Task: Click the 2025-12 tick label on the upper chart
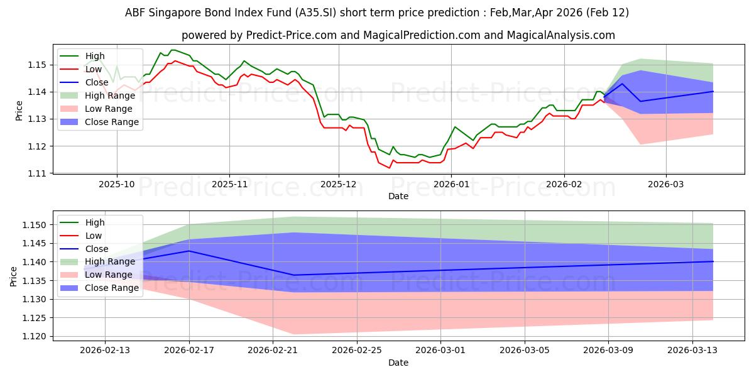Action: pos(339,185)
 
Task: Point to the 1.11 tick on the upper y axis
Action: pos(37,173)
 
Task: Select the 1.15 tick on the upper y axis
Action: pos(37,65)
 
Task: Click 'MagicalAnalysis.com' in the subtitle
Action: pos(553,35)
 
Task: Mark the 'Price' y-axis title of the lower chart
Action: pos(14,276)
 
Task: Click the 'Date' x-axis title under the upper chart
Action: pos(398,196)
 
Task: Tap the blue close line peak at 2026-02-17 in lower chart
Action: pos(190,251)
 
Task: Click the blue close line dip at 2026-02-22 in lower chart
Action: pos(294,275)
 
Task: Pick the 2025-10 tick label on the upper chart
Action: pos(117,185)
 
